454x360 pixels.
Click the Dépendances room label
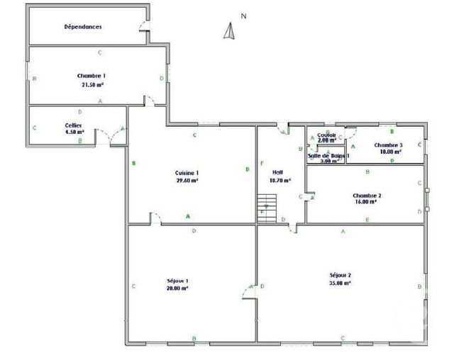click(83, 27)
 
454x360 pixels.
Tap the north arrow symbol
click(229, 30)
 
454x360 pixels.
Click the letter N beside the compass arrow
click(243, 16)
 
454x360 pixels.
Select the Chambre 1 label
click(92, 75)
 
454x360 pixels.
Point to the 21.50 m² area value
click(92, 84)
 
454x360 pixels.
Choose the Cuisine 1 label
click(187, 173)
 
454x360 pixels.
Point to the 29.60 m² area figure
click(187, 181)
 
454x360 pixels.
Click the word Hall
click(277, 172)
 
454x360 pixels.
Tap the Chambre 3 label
click(389, 145)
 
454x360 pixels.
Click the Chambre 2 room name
click(367, 195)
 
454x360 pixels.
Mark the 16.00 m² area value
click(366, 202)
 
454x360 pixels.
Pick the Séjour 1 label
click(177, 281)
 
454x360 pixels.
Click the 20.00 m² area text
click(177, 288)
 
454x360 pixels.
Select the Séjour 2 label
click(340, 275)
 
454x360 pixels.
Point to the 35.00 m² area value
click(340, 283)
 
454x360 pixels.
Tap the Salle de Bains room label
click(328, 155)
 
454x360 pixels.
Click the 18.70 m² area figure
click(279, 180)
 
